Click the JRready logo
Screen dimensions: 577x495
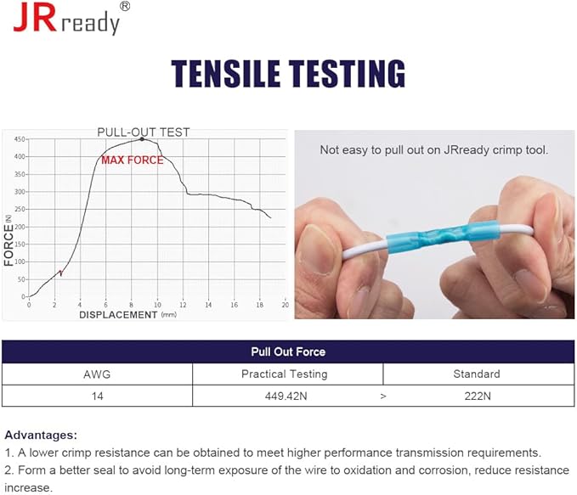pyautogui.click(x=71, y=18)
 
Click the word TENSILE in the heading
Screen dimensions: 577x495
pyautogui.click(x=225, y=74)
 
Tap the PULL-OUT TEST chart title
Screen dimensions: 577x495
pyautogui.click(x=143, y=132)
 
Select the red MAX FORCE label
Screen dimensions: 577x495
pyautogui.click(x=132, y=160)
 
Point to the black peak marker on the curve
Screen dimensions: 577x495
pyautogui.click(x=142, y=139)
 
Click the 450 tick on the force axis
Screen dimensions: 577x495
pyautogui.click(x=20, y=139)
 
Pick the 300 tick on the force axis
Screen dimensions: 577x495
pyautogui.click(x=20, y=192)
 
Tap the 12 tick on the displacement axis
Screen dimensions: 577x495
pyautogui.click(x=183, y=305)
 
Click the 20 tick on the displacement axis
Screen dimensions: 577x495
pyautogui.click(x=286, y=305)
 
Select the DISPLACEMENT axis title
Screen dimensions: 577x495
pyautogui.click(x=118, y=315)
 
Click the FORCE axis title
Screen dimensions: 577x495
pyautogui.click(x=8, y=245)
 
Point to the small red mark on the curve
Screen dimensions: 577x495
pyautogui.click(x=60, y=273)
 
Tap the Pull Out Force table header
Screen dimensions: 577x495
pyautogui.click(x=288, y=352)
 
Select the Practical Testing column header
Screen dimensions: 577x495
pyautogui.click(x=285, y=374)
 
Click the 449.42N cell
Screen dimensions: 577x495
pyautogui.click(x=286, y=396)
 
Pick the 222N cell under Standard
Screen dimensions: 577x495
pyautogui.click(x=478, y=396)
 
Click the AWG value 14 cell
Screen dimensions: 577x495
pyautogui.click(x=97, y=396)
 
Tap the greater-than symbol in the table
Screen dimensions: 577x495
pyautogui.click(x=383, y=397)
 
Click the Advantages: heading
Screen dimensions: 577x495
pyautogui.click(x=41, y=435)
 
